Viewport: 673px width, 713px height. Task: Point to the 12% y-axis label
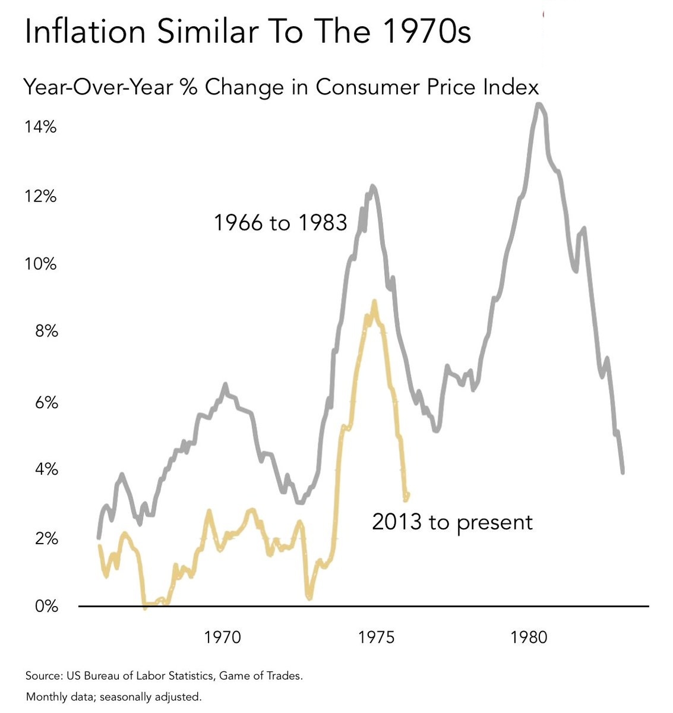(40, 195)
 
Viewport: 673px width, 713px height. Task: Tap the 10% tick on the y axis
(40, 263)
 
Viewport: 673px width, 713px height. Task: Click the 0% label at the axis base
(46, 607)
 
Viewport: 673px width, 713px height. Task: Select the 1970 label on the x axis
(223, 638)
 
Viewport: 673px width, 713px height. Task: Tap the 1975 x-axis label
(376, 638)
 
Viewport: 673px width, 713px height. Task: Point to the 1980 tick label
(529, 638)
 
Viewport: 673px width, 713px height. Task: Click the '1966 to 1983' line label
(280, 223)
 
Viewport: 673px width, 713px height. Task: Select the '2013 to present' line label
(452, 522)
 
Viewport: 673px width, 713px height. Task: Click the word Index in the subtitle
(513, 87)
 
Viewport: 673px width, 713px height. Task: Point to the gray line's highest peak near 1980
(539, 106)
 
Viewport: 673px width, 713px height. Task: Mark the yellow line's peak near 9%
(374, 302)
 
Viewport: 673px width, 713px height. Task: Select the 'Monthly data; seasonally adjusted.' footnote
(113, 696)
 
